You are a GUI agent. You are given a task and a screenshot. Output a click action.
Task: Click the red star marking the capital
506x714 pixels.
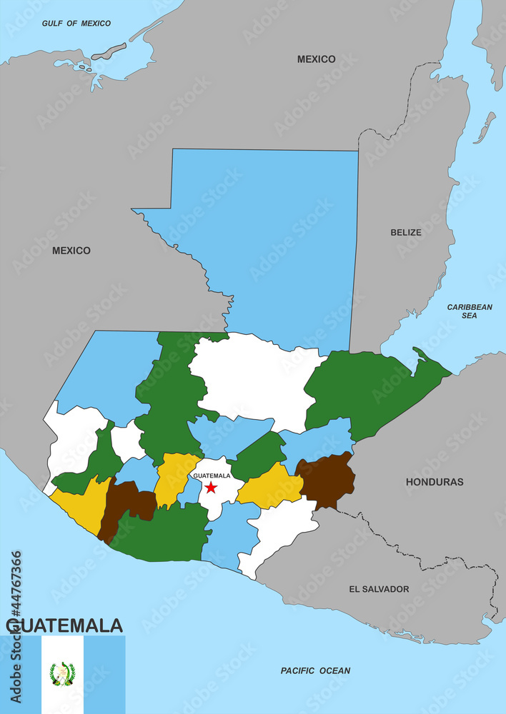(x=211, y=487)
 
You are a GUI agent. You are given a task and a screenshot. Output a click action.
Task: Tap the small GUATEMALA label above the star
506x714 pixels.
(x=212, y=476)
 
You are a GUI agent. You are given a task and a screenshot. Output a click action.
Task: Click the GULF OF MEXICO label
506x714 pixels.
(x=76, y=24)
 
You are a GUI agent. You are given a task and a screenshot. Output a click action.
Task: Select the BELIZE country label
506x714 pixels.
(x=406, y=232)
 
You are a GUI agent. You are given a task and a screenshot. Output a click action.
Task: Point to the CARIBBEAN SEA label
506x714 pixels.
(x=470, y=311)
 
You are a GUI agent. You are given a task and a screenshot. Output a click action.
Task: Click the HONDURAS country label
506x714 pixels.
(x=435, y=482)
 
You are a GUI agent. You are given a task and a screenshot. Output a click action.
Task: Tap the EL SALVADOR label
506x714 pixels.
(x=379, y=589)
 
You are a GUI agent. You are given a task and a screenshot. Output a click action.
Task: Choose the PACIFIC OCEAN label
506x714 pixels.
(x=315, y=670)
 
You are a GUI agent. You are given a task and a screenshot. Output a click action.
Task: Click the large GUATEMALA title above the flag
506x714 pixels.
(x=64, y=626)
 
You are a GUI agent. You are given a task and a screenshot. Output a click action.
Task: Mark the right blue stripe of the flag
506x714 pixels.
(x=104, y=675)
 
